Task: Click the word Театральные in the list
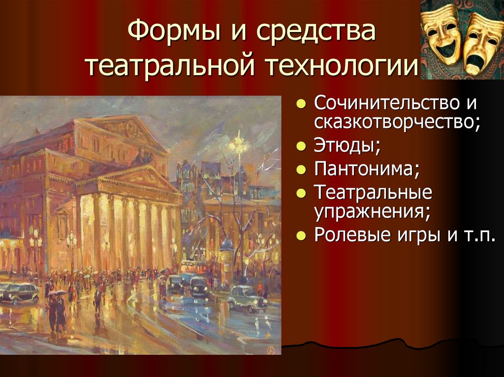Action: tap(373, 193)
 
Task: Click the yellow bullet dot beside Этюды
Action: tap(301, 146)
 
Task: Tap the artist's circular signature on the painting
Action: tap(269, 348)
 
